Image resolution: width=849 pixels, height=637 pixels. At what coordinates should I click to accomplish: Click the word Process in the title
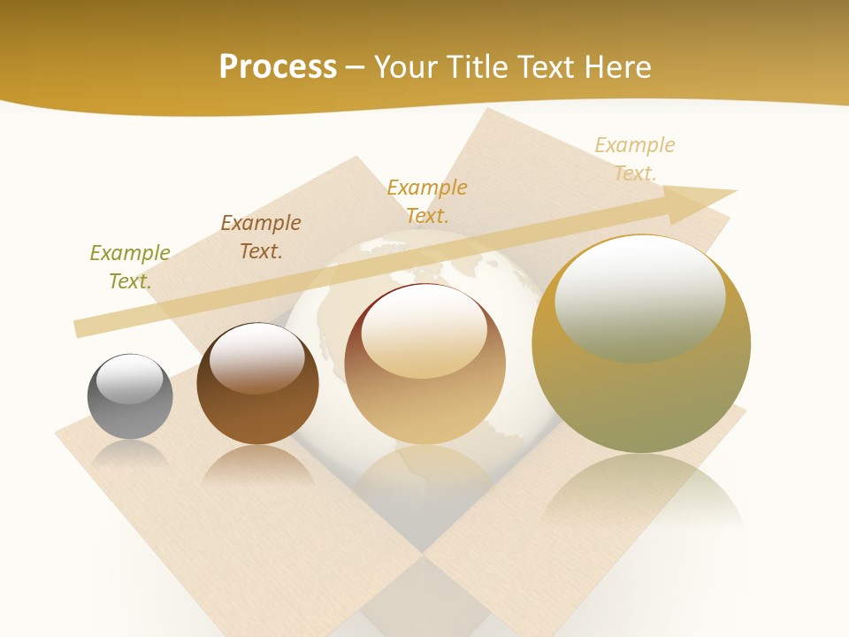pos(278,67)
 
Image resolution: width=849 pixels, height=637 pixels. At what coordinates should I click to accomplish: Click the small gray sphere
pos(130,397)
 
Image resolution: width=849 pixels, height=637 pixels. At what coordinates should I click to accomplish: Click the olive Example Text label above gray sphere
pos(130,266)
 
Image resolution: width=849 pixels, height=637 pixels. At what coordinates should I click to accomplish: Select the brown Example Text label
pos(261,236)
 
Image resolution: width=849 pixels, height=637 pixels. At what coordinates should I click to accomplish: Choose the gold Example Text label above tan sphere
pos(427,201)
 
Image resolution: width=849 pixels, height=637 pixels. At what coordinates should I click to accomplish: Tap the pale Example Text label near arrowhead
pos(635,158)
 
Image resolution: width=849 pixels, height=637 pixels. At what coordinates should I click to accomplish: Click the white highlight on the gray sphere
pos(130,379)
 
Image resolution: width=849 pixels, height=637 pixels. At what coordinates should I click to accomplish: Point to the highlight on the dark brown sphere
pos(256,357)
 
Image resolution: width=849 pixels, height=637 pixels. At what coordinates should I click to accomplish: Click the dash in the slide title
pos(356,67)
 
